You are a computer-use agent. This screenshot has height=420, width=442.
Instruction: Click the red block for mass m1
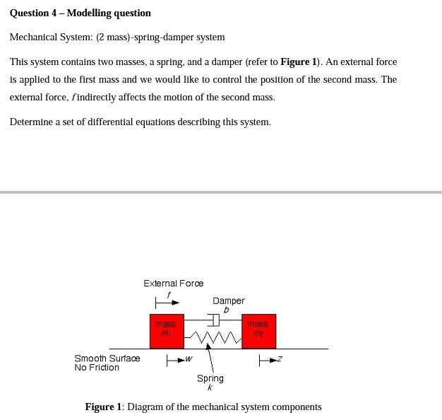(167, 331)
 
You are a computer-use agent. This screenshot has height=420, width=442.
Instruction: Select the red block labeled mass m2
(258, 331)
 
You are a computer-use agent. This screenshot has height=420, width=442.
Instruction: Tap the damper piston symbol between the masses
(214, 320)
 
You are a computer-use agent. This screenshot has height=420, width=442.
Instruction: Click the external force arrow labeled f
(167, 303)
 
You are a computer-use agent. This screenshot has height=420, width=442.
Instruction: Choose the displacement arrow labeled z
(268, 361)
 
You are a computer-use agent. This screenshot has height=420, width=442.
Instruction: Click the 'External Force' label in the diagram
(173, 284)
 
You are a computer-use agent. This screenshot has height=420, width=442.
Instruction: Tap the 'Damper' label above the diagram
(229, 301)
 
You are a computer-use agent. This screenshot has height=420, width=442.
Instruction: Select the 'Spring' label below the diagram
(210, 378)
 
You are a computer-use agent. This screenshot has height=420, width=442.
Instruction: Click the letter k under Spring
(210, 387)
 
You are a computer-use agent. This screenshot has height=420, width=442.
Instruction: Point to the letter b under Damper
(226, 310)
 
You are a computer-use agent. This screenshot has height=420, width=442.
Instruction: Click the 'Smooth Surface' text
(107, 358)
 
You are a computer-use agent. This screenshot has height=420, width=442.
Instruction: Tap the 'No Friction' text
(97, 368)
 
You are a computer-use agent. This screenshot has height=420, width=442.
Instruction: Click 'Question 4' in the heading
(36, 13)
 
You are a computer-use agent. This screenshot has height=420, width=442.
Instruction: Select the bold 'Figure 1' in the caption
(103, 407)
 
